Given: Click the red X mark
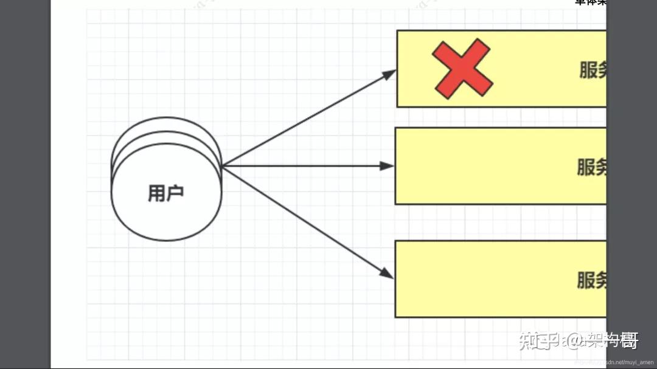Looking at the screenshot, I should tap(462, 68).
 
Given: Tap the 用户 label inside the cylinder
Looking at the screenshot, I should tap(165, 193).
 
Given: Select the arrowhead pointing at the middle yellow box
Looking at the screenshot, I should tap(388, 165).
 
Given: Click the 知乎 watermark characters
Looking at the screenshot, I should tap(535, 340).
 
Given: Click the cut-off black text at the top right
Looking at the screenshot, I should tap(590, 2).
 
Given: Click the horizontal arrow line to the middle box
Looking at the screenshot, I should tap(304, 165).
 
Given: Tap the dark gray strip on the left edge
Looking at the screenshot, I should tap(24, 182).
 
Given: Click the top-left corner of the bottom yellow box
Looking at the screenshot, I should tap(395, 241).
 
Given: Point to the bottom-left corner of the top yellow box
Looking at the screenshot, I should tap(397, 107).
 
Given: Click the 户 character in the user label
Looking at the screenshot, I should tap(175, 193).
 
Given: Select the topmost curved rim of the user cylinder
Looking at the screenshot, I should tap(166, 119).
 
